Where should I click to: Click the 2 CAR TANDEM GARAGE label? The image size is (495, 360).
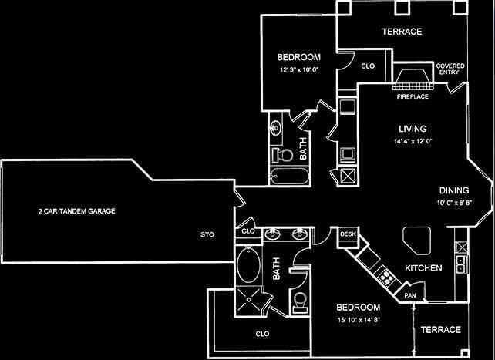76,210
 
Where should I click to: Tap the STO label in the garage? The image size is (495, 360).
207,234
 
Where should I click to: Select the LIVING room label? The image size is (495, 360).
412,129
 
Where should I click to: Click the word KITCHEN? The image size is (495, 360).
423,268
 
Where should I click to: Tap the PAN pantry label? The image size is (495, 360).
410,295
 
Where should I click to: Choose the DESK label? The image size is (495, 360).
346,234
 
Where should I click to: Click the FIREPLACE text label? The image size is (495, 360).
412,97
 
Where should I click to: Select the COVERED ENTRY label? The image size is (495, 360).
450,70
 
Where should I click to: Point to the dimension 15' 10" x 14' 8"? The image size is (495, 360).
356,318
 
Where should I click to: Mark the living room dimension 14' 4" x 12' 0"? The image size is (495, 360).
412,141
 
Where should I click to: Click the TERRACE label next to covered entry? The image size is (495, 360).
402,32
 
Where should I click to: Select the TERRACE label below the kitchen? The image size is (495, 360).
441,330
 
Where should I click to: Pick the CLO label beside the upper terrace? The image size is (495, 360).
368,66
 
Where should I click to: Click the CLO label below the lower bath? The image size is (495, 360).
263,334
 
